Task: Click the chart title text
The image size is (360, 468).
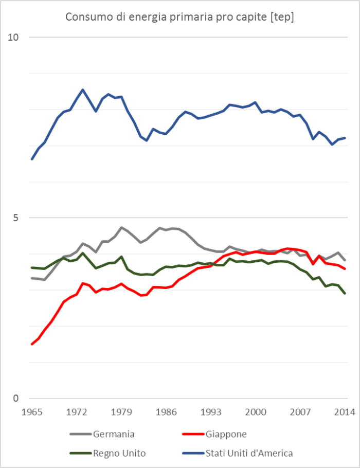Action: [x=179, y=17]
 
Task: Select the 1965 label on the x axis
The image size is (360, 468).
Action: [x=32, y=412]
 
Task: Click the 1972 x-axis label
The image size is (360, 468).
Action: [x=77, y=412]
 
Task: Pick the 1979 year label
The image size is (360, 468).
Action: [x=121, y=412]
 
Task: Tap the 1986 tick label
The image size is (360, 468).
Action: [x=166, y=412]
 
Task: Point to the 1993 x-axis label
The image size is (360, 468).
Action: [x=211, y=412]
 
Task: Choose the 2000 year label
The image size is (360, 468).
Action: [x=256, y=412]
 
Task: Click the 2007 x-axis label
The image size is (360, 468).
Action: [x=300, y=412]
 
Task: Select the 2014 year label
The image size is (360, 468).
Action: [x=345, y=412]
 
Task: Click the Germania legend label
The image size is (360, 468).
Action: [x=114, y=434]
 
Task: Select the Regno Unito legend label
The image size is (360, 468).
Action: [x=119, y=453]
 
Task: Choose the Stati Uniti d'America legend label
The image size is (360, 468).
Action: [x=249, y=453]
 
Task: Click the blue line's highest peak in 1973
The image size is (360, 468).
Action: [x=83, y=89]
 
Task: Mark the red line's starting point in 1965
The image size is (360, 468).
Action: [x=32, y=344]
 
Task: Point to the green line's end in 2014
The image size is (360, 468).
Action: [x=345, y=293]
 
